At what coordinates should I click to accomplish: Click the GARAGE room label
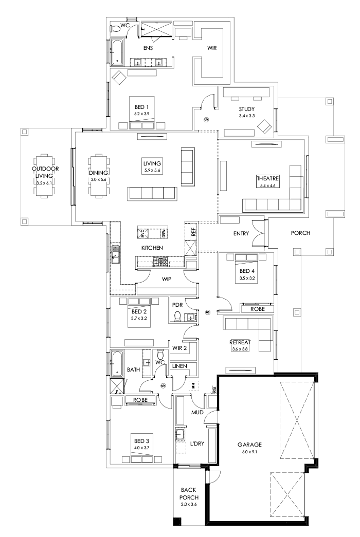coord(250,445)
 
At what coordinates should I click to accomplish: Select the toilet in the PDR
coord(178,316)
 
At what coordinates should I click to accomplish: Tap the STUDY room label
coord(247,109)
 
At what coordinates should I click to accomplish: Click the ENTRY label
coord(241,233)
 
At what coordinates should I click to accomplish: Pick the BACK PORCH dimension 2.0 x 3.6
coord(189,505)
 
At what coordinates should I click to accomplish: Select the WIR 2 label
coord(180,348)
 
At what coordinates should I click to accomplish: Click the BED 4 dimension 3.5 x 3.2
coord(247,278)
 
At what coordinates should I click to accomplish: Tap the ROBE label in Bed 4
coord(258,309)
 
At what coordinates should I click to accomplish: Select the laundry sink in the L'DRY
coord(180,435)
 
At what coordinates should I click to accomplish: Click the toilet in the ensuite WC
coord(115,29)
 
